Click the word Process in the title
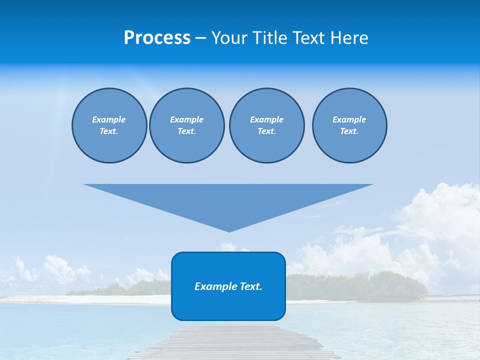157,38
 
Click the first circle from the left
109,125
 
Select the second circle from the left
187,125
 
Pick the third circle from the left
266,125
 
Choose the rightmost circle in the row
349,125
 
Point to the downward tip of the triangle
229,230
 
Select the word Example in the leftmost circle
109,119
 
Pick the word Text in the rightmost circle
349,131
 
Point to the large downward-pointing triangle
228,200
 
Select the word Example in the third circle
266,119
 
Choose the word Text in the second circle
187,131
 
